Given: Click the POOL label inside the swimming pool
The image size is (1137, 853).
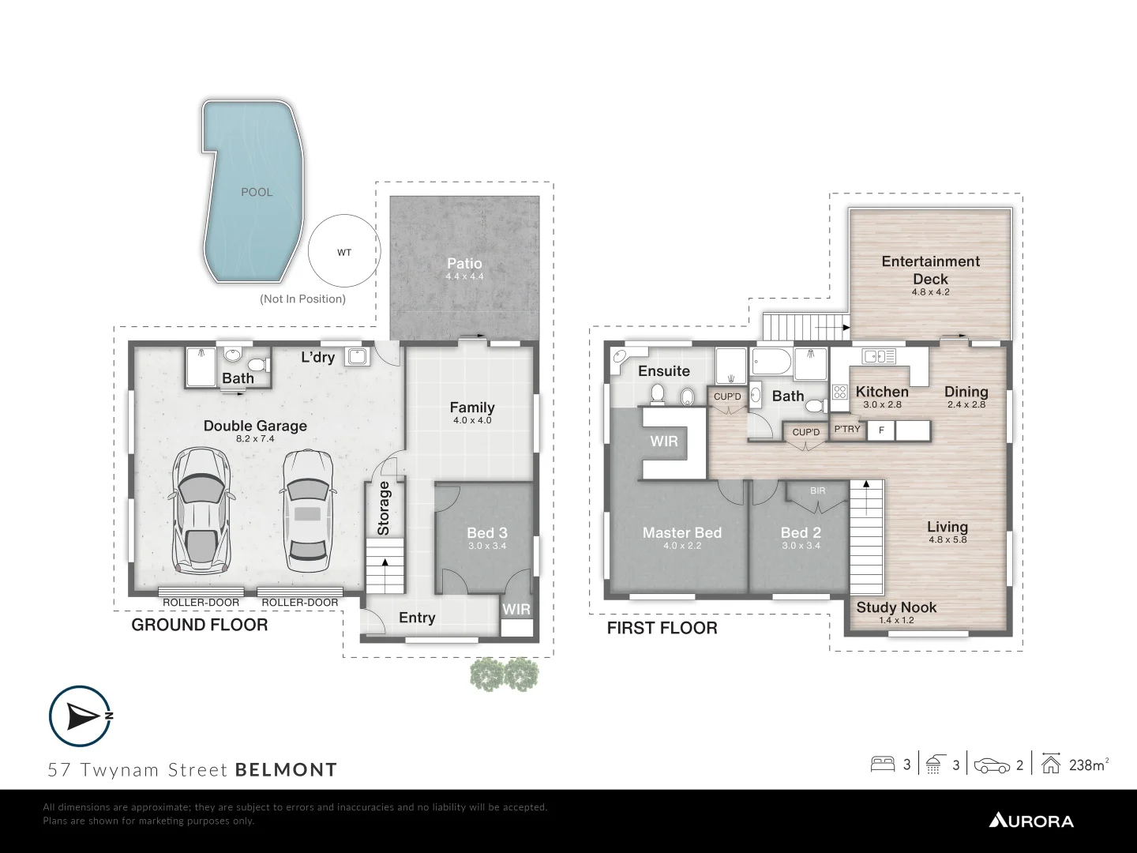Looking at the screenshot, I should click(257, 192).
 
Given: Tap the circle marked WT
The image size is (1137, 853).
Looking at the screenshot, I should click(344, 253).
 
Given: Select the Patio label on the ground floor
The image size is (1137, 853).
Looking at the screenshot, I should click(464, 264).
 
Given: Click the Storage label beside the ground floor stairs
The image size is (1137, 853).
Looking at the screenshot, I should click(384, 508).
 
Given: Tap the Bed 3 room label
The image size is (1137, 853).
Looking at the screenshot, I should click(486, 533).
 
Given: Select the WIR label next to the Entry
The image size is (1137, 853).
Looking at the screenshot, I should click(516, 610).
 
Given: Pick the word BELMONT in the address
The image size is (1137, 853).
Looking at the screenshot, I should click(286, 769).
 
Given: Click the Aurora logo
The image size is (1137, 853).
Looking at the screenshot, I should click(1031, 821).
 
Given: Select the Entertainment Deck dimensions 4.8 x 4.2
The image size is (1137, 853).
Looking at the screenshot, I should click(930, 292).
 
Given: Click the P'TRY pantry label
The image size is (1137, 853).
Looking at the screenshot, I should click(847, 429).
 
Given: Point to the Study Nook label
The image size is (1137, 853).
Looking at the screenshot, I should click(896, 607).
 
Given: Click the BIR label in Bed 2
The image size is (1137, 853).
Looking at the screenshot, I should click(817, 490).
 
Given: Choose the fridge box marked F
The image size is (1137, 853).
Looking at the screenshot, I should click(881, 430).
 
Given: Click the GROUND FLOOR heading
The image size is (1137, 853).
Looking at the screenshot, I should click(200, 625).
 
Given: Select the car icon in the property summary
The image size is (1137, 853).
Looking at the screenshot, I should click(992, 765).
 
